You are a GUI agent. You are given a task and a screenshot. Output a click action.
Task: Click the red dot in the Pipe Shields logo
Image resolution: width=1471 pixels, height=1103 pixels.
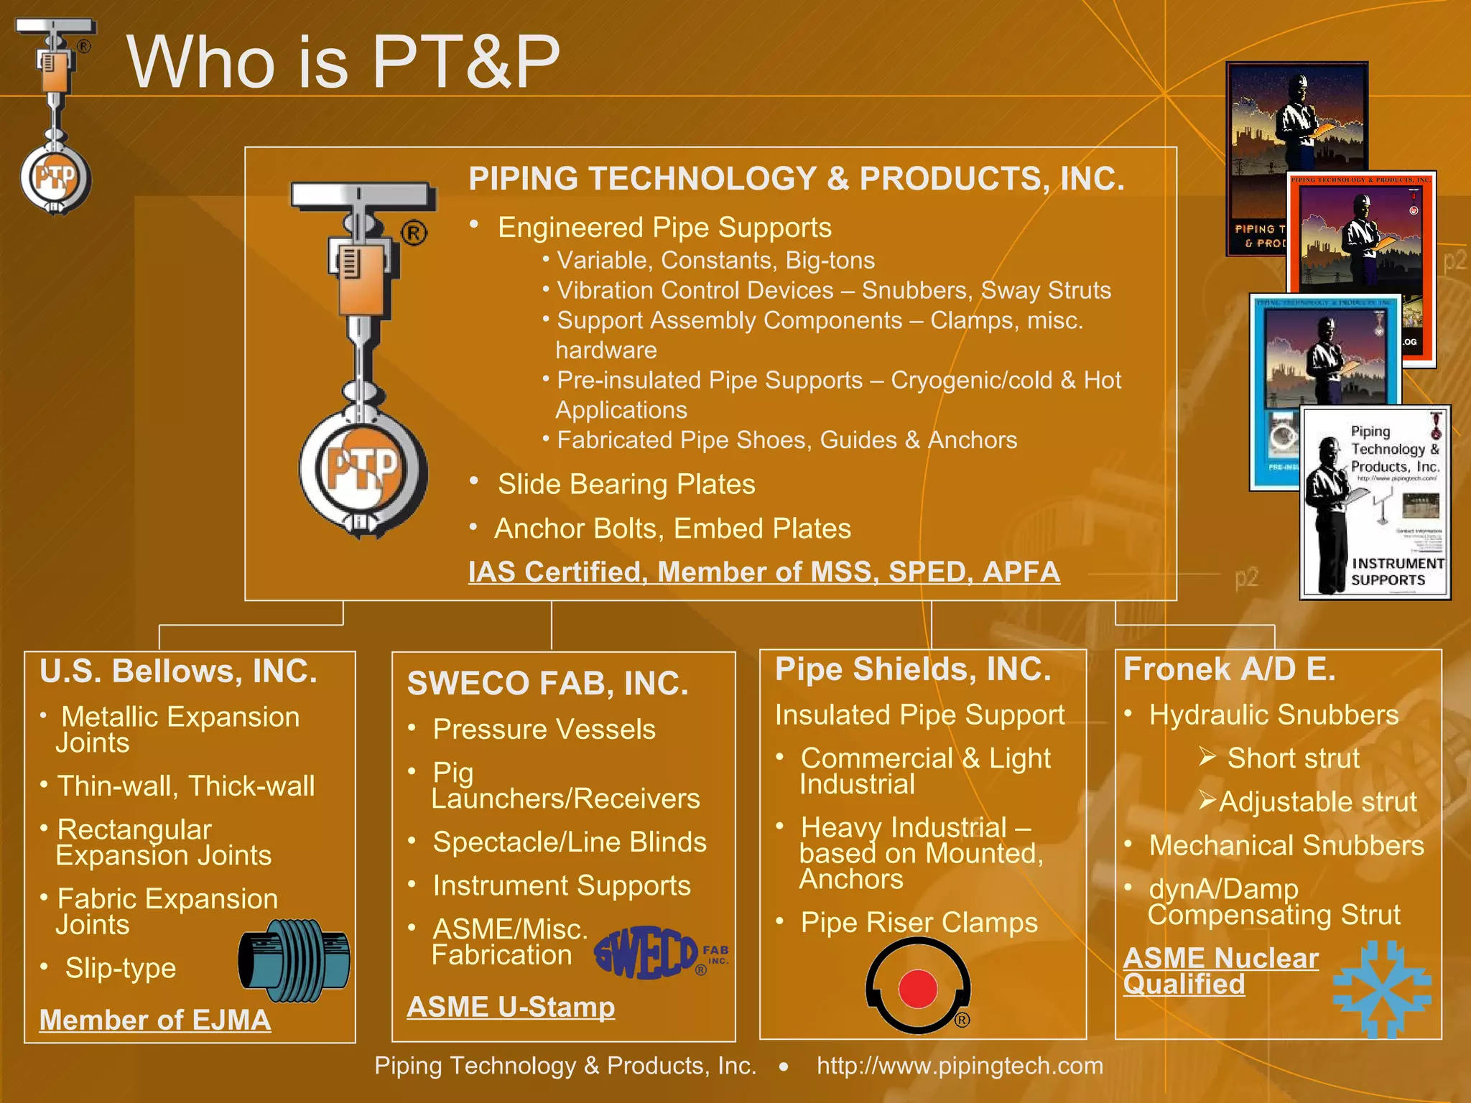pyautogui.click(x=917, y=988)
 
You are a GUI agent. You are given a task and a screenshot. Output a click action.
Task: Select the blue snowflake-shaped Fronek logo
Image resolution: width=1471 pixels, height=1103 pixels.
pyautogui.click(x=1380, y=990)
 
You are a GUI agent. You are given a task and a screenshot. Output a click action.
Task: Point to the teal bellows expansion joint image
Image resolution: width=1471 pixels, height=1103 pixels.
pyautogui.click(x=294, y=960)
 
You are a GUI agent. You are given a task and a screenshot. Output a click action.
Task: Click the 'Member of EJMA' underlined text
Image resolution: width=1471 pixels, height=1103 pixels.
pyautogui.click(x=155, y=1020)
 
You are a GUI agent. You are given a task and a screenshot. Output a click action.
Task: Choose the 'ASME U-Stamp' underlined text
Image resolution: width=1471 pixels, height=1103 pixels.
pyautogui.click(x=511, y=1007)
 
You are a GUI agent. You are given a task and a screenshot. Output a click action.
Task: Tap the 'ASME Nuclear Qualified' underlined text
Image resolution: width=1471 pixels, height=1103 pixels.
pyautogui.click(x=1220, y=971)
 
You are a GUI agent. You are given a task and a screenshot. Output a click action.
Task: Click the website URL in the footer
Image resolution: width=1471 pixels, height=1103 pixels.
pyautogui.click(x=960, y=1066)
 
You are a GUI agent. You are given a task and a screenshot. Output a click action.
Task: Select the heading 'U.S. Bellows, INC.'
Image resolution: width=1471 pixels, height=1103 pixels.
pyautogui.click(x=178, y=671)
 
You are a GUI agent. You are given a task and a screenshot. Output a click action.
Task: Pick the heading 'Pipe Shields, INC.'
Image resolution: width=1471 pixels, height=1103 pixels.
pyautogui.click(x=913, y=669)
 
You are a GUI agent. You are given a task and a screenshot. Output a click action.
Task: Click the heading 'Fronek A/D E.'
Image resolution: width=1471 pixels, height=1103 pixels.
pyautogui.click(x=1229, y=669)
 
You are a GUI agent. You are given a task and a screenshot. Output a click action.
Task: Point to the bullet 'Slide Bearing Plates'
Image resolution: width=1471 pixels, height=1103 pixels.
pyautogui.click(x=626, y=485)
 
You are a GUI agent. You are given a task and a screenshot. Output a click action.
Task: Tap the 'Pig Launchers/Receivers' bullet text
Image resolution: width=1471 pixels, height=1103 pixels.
pyautogui.click(x=565, y=786)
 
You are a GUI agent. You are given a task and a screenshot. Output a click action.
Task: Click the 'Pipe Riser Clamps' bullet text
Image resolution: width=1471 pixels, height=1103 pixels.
pyautogui.click(x=919, y=923)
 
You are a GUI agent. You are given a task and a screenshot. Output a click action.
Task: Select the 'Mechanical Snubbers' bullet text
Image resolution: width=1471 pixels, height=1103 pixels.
pyautogui.click(x=1286, y=846)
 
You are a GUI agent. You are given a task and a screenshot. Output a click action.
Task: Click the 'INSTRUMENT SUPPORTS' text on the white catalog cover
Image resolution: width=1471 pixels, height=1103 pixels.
pyautogui.click(x=1396, y=572)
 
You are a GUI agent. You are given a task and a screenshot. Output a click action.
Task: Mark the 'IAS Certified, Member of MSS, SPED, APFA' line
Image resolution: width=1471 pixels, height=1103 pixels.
pyautogui.click(x=764, y=572)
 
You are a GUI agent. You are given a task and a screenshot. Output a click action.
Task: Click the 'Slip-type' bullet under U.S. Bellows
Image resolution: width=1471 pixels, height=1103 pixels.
pyautogui.click(x=121, y=968)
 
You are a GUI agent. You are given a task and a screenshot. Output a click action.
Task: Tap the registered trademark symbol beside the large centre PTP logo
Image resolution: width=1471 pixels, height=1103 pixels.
pyautogui.click(x=414, y=233)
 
